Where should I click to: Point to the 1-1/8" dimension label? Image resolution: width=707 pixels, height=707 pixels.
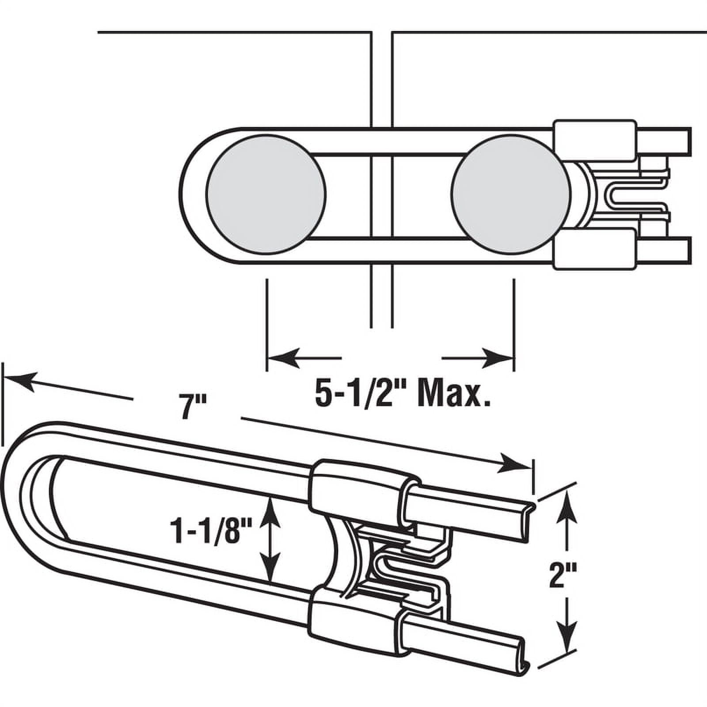tap(211, 532)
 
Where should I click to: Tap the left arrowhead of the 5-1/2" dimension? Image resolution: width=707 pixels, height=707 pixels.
tap(283, 357)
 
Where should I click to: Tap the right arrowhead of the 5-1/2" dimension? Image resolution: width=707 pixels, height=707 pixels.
tap(497, 357)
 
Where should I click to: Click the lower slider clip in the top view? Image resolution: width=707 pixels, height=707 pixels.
tap(594, 249)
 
